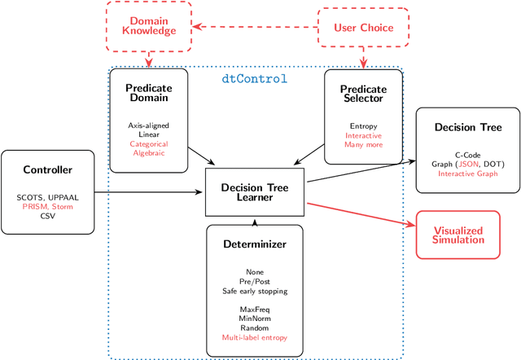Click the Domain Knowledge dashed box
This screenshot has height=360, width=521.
[x=148, y=24]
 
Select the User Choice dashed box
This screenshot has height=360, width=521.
[x=362, y=28]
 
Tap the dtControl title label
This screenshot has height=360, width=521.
[x=254, y=80]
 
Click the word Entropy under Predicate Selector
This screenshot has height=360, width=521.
[x=363, y=127]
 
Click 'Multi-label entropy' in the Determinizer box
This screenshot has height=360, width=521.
[x=254, y=337]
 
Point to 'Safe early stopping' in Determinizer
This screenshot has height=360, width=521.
[x=254, y=291]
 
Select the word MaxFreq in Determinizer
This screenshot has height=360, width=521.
[x=254, y=309]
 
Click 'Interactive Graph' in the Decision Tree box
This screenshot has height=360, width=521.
[x=462, y=173]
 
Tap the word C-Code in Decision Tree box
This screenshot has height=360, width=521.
[x=462, y=154]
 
